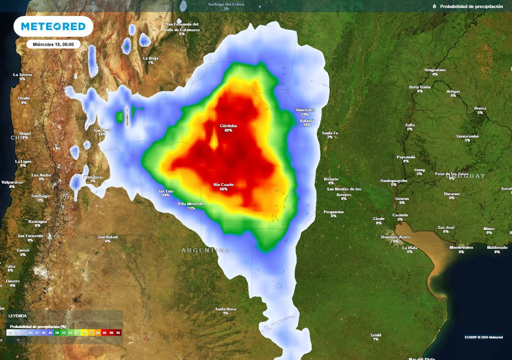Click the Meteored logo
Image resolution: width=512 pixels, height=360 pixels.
[53, 26]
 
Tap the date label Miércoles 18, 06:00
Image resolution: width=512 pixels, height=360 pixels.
[53, 44]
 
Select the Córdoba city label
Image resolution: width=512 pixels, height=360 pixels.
[228, 125]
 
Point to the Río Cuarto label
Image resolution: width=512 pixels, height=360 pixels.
[223, 185]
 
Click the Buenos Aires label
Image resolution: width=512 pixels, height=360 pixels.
[395, 236]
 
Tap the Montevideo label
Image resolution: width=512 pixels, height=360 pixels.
[461, 247]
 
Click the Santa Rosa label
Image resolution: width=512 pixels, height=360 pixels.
[225, 309]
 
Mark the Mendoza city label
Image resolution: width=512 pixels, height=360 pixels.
[93, 177]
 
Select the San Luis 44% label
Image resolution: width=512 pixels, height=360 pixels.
[165, 191]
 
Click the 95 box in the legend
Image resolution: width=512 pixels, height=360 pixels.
[118, 332]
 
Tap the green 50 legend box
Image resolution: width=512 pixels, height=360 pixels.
[57, 332]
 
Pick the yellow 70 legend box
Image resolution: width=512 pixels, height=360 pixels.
[84, 332]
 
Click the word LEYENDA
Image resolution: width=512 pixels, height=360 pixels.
[18, 316]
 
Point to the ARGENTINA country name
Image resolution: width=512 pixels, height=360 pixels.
[205, 250]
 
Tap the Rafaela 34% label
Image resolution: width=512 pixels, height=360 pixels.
[306, 121]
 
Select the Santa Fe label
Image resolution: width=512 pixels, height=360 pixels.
[330, 133]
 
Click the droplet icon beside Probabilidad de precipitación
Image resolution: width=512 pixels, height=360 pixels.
[434, 6]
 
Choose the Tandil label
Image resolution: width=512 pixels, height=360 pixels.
[375, 335]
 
